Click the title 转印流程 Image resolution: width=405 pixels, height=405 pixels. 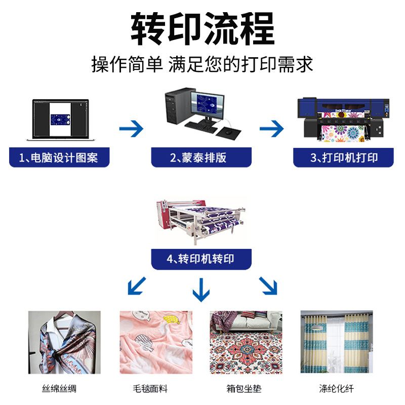pos(202,29)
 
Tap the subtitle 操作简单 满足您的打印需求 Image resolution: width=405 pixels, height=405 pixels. pos(202,64)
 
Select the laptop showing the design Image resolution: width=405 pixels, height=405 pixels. pos(60,119)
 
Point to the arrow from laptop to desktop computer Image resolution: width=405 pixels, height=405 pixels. pos(131,129)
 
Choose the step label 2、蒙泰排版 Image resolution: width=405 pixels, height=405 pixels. pos(201,157)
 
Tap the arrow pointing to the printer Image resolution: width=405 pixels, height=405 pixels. pos(271,129)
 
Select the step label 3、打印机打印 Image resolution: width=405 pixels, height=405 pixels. pos(344,157)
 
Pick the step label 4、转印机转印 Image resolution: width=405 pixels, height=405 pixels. pos(201,260)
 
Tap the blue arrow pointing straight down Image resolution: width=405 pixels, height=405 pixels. pos(201,290)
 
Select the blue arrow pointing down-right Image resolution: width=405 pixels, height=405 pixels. pos(268,286)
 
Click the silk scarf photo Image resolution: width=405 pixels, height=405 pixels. pos(64,342)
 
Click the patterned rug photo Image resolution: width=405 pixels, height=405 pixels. pos(246,342)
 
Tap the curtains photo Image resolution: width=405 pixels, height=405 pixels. pos(336,342)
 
